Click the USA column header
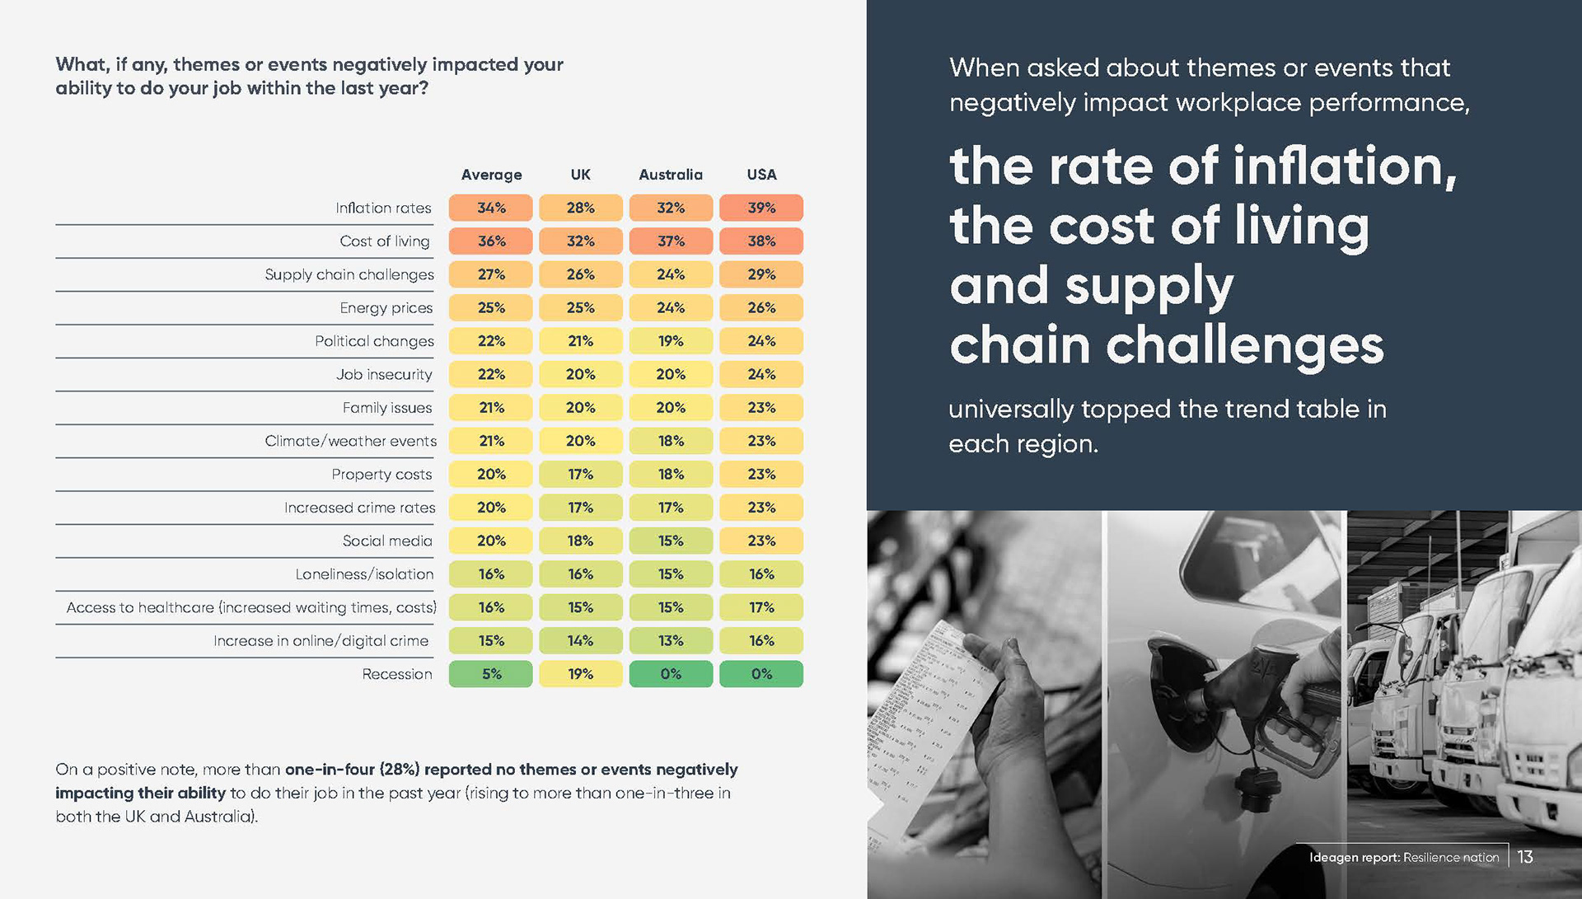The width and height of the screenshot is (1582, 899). pyautogui.click(x=761, y=175)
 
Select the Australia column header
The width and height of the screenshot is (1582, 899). pyautogui.click(x=671, y=175)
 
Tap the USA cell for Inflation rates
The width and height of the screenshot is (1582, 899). pyautogui.click(x=761, y=208)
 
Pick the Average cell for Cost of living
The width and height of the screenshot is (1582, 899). pyautogui.click(x=491, y=241)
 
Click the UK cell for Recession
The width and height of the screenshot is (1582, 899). pyautogui.click(x=580, y=674)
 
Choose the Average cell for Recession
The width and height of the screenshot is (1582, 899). pyautogui.click(x=491, y=674)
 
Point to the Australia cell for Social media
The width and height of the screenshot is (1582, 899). pyautogui.click(x=671, y=541)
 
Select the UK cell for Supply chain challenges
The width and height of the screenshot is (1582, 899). pyautogui.click(x=580, y=274)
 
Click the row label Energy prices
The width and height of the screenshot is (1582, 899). pyautogui.click(x=386, y=308)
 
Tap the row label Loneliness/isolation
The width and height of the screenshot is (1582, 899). pyautogui.click(x=364, y=574)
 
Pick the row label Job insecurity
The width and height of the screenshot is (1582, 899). pyautogui.click(x=384, y=375)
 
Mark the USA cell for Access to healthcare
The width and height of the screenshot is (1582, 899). pyautogui.click(x=761, y=607)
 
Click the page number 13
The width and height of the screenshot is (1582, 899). pyautogui.click(x=1525, y=857)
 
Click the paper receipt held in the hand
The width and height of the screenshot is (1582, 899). pyautogui.click(x=931, y=717)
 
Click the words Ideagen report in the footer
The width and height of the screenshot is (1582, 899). pyautogui.click(x=1354, y=858)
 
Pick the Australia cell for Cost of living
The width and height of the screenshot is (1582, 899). pyautogui.click(x=671, y=241)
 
